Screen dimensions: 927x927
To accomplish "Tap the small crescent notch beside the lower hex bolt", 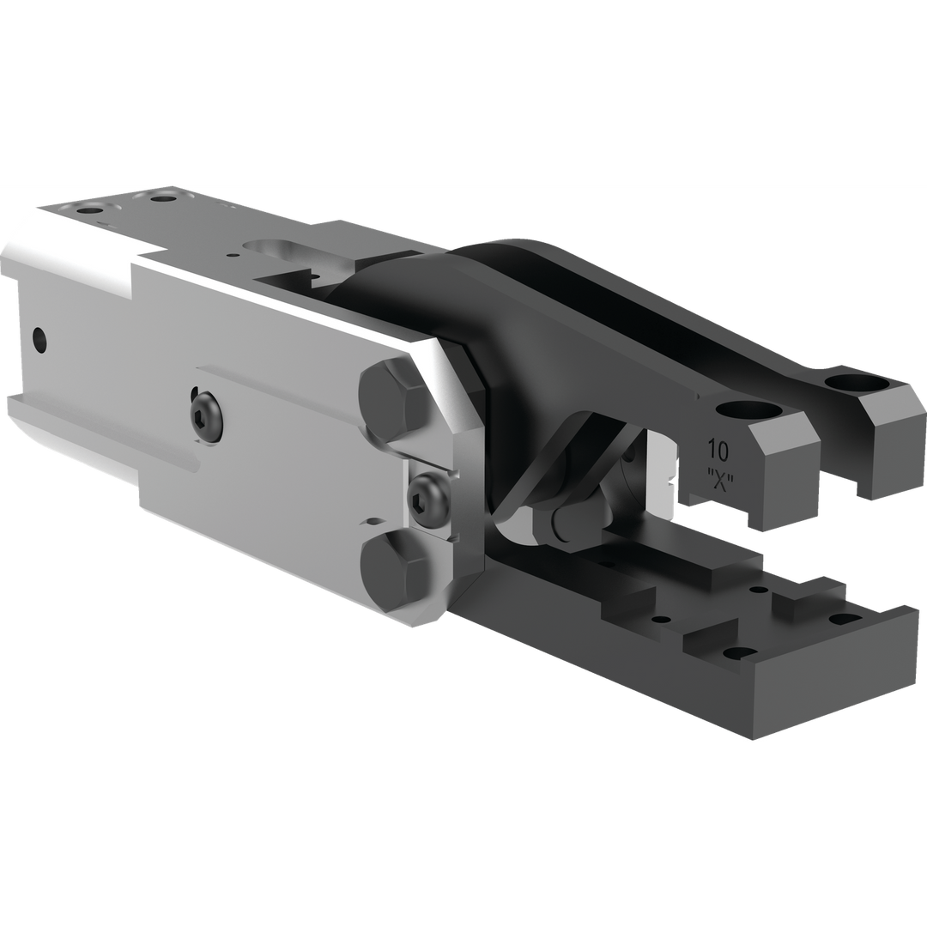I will click(x=373, y=521).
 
